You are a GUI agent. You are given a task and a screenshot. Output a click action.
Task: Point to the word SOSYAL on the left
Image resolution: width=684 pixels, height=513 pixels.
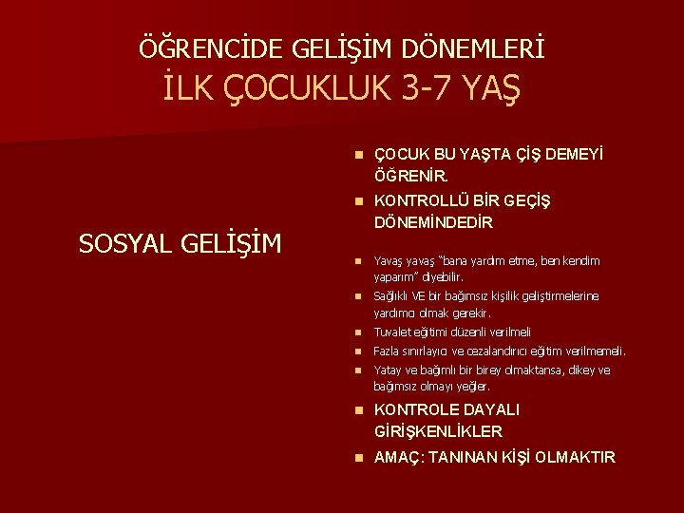point(123,244)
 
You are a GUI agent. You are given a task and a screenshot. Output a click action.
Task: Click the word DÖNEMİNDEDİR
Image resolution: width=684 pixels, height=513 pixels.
point(433,223)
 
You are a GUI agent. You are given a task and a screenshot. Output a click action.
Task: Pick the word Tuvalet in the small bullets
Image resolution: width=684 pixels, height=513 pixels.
point(391,332)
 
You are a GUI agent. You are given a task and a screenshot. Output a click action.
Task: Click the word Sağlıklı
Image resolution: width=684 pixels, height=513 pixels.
point(394,296)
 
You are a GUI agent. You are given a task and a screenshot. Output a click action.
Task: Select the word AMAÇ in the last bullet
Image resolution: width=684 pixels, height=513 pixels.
point(398,458)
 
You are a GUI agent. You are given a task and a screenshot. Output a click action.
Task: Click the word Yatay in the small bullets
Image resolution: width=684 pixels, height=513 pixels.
point(388,370)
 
